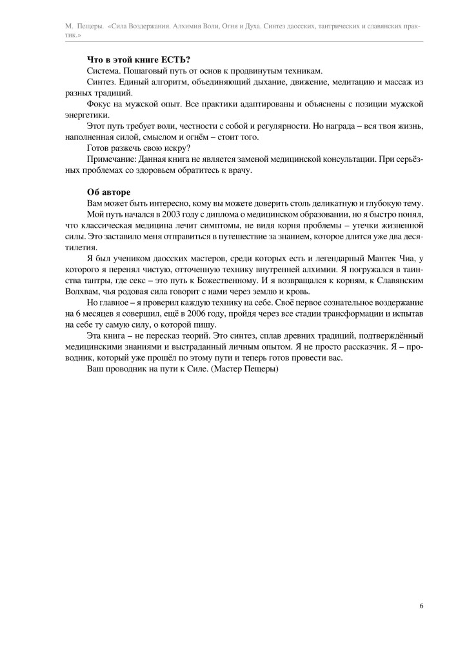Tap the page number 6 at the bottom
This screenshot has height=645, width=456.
(421, 606)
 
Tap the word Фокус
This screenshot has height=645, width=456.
(99, 104)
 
